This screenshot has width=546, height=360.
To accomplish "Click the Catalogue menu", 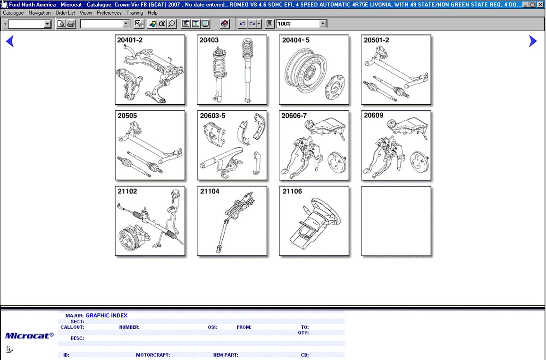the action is [13, 13].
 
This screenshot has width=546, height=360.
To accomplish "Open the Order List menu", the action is [65, 13].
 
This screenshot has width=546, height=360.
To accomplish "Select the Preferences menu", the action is [109, 13].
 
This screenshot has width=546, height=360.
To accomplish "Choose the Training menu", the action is [134, 13].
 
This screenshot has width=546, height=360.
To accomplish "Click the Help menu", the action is [152, 13].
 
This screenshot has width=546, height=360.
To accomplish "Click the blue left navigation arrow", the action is [10, 41].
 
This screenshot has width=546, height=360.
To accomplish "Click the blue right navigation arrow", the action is [533, 41].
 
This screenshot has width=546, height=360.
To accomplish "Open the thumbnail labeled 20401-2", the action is [150, 70].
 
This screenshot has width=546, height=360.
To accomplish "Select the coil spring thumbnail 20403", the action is [232, 70].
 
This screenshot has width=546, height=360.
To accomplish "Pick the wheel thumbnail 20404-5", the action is [314, 70].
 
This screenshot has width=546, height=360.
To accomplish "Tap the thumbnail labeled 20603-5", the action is [232, 145].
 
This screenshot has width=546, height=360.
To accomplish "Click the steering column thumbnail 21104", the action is [232, 221].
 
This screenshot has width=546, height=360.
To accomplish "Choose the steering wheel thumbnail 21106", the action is [314, 221].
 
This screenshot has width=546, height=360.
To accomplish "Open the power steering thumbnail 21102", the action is [150, 221].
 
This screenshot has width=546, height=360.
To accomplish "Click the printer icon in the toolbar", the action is [71, 24].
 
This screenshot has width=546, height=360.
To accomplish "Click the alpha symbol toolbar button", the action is [161, 24].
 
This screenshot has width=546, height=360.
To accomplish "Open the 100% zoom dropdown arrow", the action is [323, 24].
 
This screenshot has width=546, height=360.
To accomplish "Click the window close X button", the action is [540, 5].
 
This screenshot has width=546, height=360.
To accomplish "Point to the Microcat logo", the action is [30, 335].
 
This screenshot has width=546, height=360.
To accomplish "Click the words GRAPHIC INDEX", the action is [107, 316].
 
